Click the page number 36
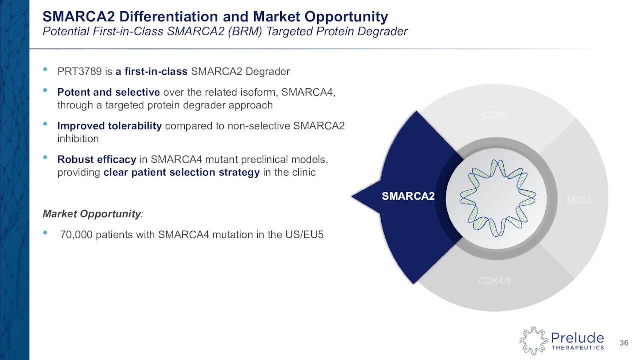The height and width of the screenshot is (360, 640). click(x=624, y=343)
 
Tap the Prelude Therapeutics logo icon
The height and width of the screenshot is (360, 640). click(x=533, y=341)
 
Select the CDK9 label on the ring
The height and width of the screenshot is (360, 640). click(x=495, y=115)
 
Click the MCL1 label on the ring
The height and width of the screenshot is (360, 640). click(x=579, y=201)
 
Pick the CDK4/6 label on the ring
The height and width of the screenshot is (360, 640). click(x=495, y=281)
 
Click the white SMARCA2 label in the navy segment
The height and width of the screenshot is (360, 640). click(x=408, y=197)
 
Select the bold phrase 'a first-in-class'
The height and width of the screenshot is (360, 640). click(x=151, y=71)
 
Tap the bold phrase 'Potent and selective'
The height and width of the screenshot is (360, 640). click(x=108, y=93)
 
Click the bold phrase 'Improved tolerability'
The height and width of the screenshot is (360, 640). click(x=109, y=126)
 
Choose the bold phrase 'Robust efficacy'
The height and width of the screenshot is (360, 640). click(x=97, y=160)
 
